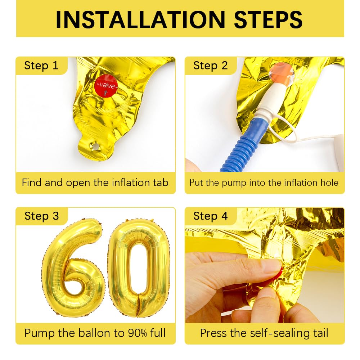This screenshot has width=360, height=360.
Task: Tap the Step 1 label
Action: pos(41,66)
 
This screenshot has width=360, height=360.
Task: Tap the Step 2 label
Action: pos(210,66)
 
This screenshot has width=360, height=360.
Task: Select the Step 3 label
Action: pos(41,216)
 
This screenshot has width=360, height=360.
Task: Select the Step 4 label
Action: pos(210,216)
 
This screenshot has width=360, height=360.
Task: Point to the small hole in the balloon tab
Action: pos(95,147)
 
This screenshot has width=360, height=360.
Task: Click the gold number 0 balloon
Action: pos(139,268)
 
